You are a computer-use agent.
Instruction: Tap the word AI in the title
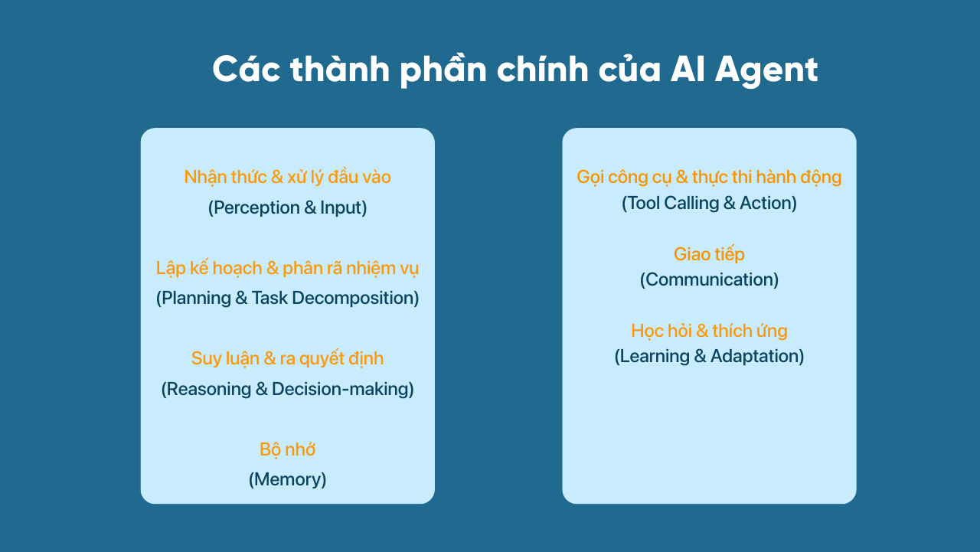688,70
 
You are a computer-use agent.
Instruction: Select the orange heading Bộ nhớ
287,449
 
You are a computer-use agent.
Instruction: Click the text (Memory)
287,479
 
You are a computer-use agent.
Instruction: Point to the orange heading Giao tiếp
709,254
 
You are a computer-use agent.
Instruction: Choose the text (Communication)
709,279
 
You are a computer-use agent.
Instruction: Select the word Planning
194,299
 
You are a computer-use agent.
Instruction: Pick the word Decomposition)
355,299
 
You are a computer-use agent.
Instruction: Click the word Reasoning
206,389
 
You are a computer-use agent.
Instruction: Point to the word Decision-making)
343,389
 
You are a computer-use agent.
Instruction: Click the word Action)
768,203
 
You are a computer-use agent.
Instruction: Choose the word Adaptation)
757,357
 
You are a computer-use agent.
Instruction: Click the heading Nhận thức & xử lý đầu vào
287,177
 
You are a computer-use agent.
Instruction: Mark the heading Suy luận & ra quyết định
287,358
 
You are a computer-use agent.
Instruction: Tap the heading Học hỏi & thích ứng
709,331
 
